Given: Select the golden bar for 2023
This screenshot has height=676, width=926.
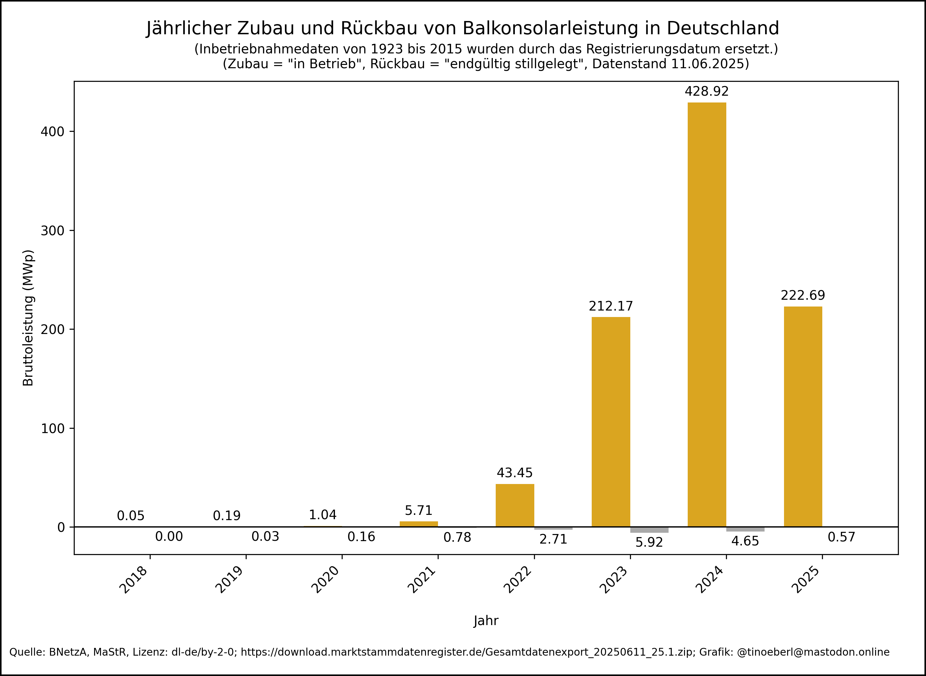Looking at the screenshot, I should tap(611, 421).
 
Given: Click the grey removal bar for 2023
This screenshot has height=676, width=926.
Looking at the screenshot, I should tap(649, 530).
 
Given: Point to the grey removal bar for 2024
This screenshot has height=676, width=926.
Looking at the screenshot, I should tap(745, 529).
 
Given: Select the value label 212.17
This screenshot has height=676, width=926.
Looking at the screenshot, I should tap(611, 306).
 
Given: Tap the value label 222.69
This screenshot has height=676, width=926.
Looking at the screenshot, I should tap(803, 295).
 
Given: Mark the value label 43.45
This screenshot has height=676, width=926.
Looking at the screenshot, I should tap(515, 473).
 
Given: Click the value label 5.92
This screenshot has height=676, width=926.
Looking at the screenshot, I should tap(649, 543).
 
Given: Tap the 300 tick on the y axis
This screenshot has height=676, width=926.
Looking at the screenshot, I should tap(52, 231).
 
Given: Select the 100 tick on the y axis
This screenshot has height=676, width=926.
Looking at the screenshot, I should tap(52, 428).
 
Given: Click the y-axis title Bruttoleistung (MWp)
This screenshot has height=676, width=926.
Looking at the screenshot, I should tap(28, 318).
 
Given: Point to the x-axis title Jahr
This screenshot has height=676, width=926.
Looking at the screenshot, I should tap(486, 621).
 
